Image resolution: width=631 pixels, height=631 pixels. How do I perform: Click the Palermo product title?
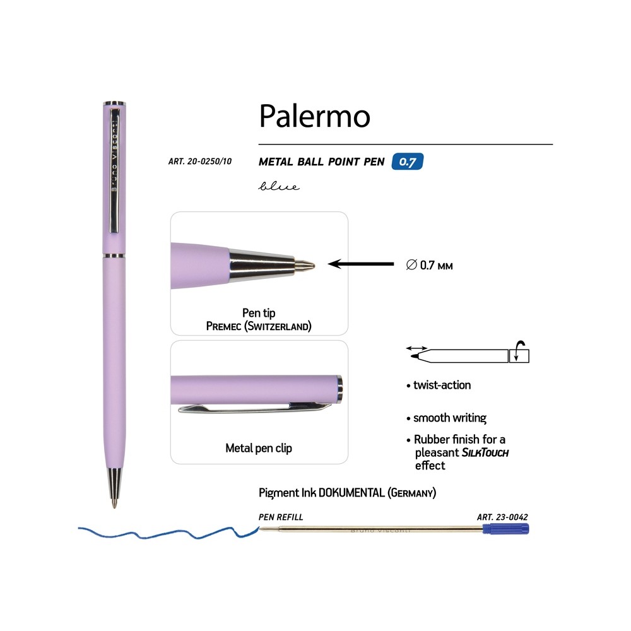pyautogui.click(x=314, y=116)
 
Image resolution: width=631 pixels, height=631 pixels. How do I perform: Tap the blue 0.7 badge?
pyautogui.click(x=407, y=162)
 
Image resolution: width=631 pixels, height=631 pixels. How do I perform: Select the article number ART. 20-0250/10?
pyautogui.click(x=200, y=162)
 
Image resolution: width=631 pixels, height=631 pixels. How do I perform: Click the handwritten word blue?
pyautogui.click(x=279, y=186)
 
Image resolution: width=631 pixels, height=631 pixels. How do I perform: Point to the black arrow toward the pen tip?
pyautogui.click(x=361, y=264)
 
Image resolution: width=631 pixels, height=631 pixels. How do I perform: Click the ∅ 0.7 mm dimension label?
pyautogui.click(x=429, y=265)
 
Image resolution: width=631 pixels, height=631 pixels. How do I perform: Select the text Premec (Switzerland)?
pyautogui.click(x=259, y=326)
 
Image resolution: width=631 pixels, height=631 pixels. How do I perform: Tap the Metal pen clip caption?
pyautogui.click(x=259, y=448)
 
